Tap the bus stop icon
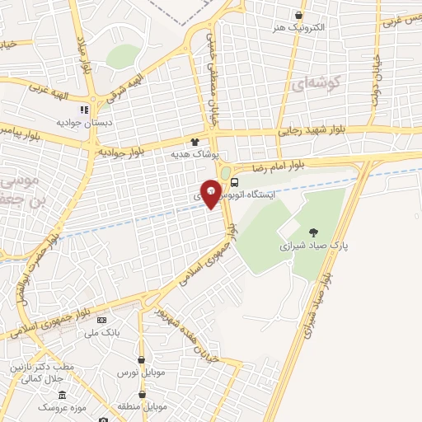[x=236, y=182]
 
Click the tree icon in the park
[x=312, y=232]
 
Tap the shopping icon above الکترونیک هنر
[x=298, y=15]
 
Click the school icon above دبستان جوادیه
[x=83, y=109]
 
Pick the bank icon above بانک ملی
[x=102, y=320]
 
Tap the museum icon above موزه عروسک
[x=63, y=396]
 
